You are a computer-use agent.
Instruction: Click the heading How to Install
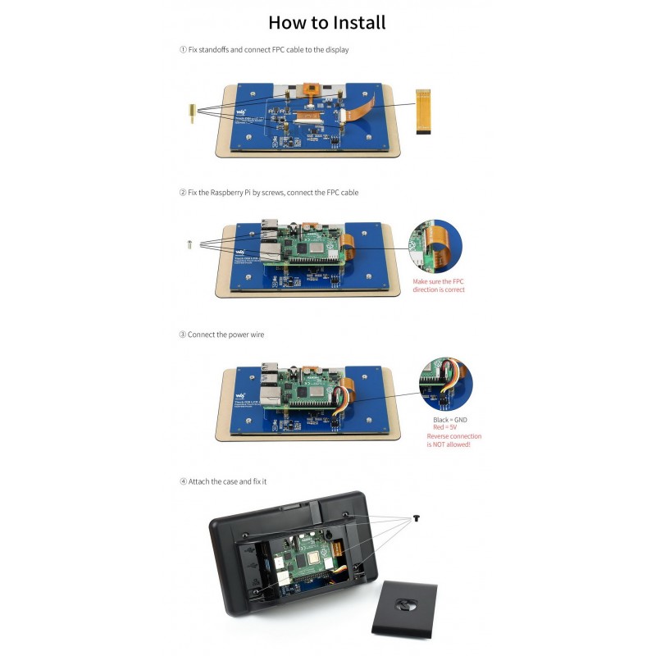coord(326,22)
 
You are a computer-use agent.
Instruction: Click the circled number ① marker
coord(183,50)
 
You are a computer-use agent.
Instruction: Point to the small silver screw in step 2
coord(190,243)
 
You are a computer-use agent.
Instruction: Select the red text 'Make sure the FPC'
coord(439,280)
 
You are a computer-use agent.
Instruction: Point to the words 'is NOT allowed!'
coord(454,444)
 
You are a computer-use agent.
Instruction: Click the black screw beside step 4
coord(417,518)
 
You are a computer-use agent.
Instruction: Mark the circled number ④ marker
coord(183,481)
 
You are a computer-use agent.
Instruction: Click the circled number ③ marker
coord(183,335)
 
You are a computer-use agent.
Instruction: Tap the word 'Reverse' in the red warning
coord(440,436)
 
